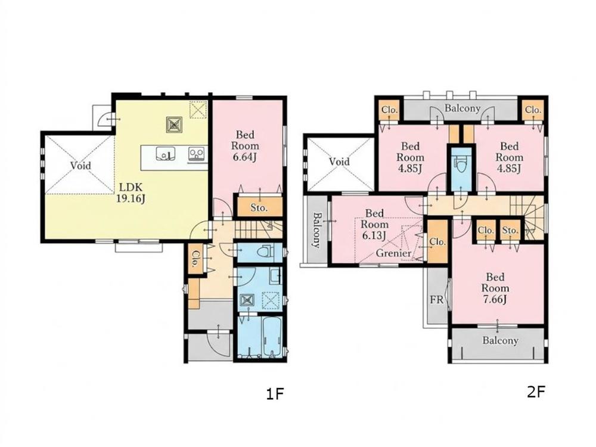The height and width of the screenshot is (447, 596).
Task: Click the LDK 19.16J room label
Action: coord(131,193)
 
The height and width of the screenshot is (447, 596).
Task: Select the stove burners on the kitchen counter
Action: coord(197,154)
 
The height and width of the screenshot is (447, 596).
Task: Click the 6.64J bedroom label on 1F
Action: coord(245,145)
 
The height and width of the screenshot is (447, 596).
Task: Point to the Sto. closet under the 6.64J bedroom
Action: coord(260,207)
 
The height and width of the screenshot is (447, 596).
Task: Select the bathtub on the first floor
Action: coord(271,337)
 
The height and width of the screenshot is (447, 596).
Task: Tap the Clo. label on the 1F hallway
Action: coord(195,259)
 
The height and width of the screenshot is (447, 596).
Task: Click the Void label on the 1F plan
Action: coord(80,165)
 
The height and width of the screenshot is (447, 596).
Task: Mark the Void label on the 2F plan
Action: coord(339,162)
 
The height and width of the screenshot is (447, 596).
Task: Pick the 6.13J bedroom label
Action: coord(374,224)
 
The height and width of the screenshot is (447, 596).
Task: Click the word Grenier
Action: coord(393,253)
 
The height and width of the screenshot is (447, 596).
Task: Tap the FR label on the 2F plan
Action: coord(437,300)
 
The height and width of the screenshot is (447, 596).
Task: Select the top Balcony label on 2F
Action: coord(462,108)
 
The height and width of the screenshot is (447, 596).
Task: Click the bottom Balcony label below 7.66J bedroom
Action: coord(500,340)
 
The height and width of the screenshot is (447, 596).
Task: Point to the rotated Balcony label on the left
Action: coord(316,230)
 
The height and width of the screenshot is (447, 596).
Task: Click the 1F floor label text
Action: coord(275,394)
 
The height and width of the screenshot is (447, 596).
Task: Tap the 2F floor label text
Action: coord(536,392)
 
